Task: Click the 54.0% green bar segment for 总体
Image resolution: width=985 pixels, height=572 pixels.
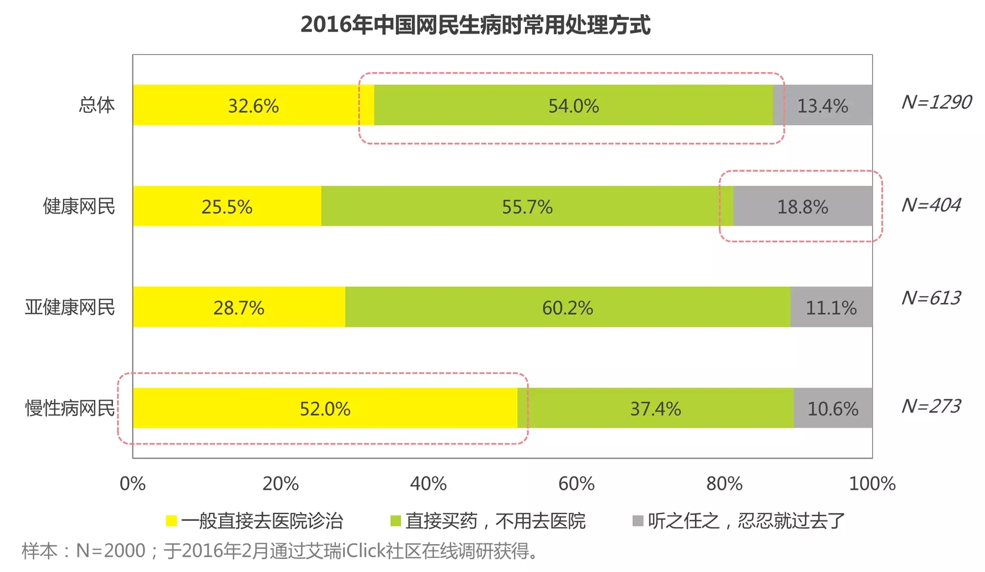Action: point(573,105)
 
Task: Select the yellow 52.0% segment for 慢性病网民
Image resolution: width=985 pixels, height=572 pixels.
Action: point(325,408)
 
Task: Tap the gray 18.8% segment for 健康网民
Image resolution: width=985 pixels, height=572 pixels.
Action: point(802,206)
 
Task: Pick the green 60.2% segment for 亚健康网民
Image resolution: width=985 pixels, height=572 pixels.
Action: point(567,307)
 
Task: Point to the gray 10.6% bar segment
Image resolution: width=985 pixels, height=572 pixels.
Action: point(832,408)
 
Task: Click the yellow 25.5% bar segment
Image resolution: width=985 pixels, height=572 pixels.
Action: point(227,206)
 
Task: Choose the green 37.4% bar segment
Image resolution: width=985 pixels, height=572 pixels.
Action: point(655,408)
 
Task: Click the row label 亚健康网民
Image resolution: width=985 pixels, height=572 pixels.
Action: point(70,307)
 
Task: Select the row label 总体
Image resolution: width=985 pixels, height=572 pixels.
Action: point(97,105)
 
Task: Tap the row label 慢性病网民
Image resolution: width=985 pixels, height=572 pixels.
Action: point(70,408)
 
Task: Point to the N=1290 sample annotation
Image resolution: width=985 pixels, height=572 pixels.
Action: point(936,102)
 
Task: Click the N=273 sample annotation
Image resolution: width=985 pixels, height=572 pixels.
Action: point(931,406)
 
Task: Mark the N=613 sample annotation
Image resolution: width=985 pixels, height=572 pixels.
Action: point(931,298)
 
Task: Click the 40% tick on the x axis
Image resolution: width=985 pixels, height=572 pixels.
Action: point(428,484)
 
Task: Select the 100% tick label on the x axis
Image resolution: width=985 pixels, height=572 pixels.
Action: point(872,484)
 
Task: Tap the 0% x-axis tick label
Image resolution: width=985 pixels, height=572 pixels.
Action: point(133,484)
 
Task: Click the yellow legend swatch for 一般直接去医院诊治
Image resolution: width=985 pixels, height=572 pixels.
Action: point(171,521)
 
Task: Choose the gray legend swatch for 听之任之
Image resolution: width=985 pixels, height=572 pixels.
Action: point(637,521)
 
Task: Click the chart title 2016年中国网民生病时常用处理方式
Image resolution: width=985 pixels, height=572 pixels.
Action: point(475,25)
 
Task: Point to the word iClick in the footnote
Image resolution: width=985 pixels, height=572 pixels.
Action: point(363,551)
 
